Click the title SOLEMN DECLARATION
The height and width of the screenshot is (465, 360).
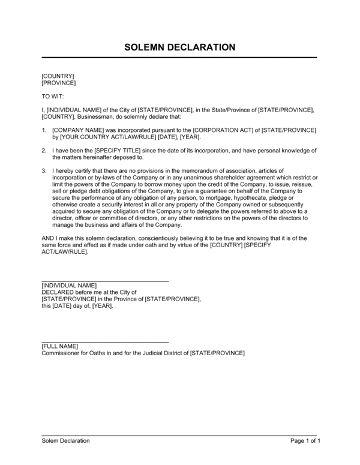(x=180, y=47)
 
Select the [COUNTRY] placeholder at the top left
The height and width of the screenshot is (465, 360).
(x=58, y=76)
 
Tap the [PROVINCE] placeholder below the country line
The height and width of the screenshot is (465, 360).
(x=59, y=83)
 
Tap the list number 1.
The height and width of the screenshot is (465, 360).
(x=43, y=130)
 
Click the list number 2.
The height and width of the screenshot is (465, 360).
(x=43, y=150)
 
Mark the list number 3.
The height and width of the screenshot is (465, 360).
(x=43, y=171)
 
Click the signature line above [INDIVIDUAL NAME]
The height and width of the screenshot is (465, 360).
(x=105, y=281)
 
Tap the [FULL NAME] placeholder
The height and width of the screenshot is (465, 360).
(x=60, y=346)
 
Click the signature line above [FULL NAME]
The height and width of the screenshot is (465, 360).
(x=105, y=342)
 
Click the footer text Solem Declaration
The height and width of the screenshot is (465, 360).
(x=65, y=441)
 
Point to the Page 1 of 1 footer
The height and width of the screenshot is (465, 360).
(x=305, y=441)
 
